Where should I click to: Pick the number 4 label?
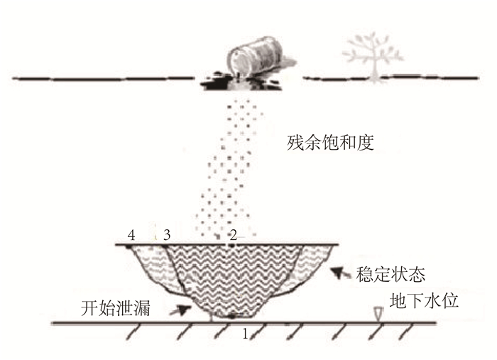click(131, 235)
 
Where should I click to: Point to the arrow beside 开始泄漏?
click(184, 309)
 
